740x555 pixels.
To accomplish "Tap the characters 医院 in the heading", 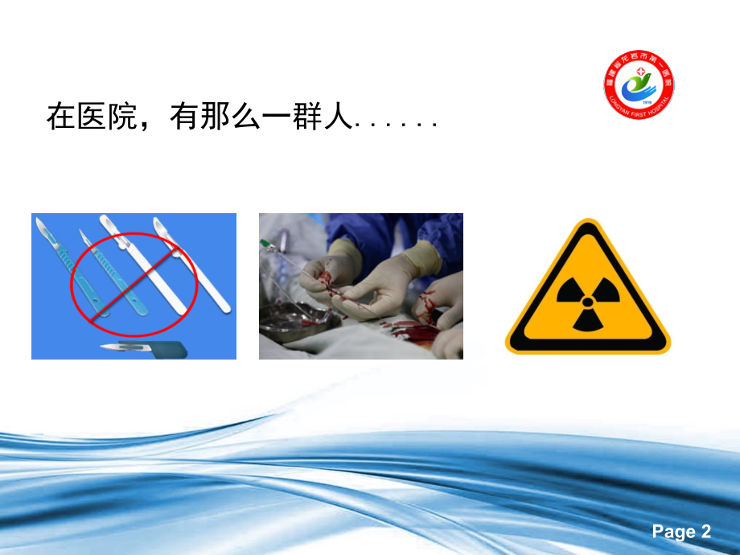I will (x=105, y=118).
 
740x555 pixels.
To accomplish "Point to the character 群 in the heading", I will (x=304, y=118).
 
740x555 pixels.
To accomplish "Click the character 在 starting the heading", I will (x=60, y=118).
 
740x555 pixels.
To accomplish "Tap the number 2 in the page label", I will (x=706, y=532).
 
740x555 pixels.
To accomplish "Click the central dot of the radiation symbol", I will (x=588, y=302).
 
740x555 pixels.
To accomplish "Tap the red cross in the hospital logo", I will (x=640, y=72).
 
